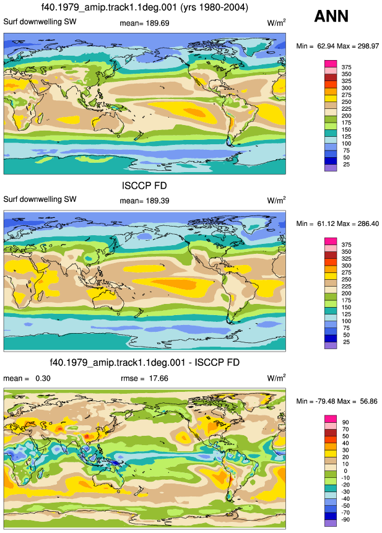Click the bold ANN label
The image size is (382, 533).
pos(331,16)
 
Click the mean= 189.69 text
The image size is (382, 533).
pos(144,23)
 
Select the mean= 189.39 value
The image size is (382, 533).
pos(144,201)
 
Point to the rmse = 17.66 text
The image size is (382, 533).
pos(144,378)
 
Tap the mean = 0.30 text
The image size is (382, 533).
pos(27,378)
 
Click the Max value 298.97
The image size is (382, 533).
pos(368,46)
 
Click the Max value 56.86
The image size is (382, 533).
pos(369,401)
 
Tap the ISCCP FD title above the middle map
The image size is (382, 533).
pos(144,186)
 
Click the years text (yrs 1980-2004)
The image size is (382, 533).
pos(214,7)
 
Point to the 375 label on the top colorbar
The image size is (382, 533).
pos(346,67)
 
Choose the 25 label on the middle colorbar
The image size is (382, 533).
pos(346,342)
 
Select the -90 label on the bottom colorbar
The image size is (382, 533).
pos(345,519)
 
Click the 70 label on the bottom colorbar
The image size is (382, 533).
pos(345,430)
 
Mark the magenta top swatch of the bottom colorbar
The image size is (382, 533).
pos(331,418)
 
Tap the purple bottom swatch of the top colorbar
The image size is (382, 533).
pos(331,168)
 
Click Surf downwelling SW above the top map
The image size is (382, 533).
pos(40,22)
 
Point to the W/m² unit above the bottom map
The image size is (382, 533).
pos(276,378)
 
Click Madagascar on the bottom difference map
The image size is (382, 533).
pos(40,472)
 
